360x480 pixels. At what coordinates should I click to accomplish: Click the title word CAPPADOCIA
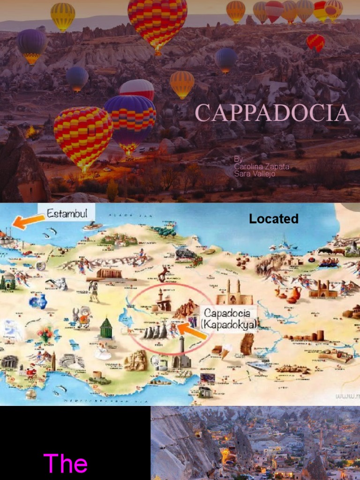(272, 113)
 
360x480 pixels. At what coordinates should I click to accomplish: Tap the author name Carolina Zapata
(262, 166)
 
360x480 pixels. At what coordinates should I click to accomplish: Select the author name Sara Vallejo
(255, 174)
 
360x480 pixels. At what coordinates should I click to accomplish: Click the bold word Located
(274, 218)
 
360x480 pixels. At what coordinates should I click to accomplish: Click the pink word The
(65, 463)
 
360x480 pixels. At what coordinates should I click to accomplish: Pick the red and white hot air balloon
(136, 89)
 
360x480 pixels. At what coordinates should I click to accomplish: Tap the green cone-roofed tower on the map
(106, 328)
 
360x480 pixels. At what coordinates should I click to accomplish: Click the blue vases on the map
(38, 301)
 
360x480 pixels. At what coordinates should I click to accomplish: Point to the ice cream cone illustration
(226, 352)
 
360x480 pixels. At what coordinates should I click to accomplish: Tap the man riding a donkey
(83, 317)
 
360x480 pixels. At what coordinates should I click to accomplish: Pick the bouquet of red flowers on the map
(46, 334)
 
